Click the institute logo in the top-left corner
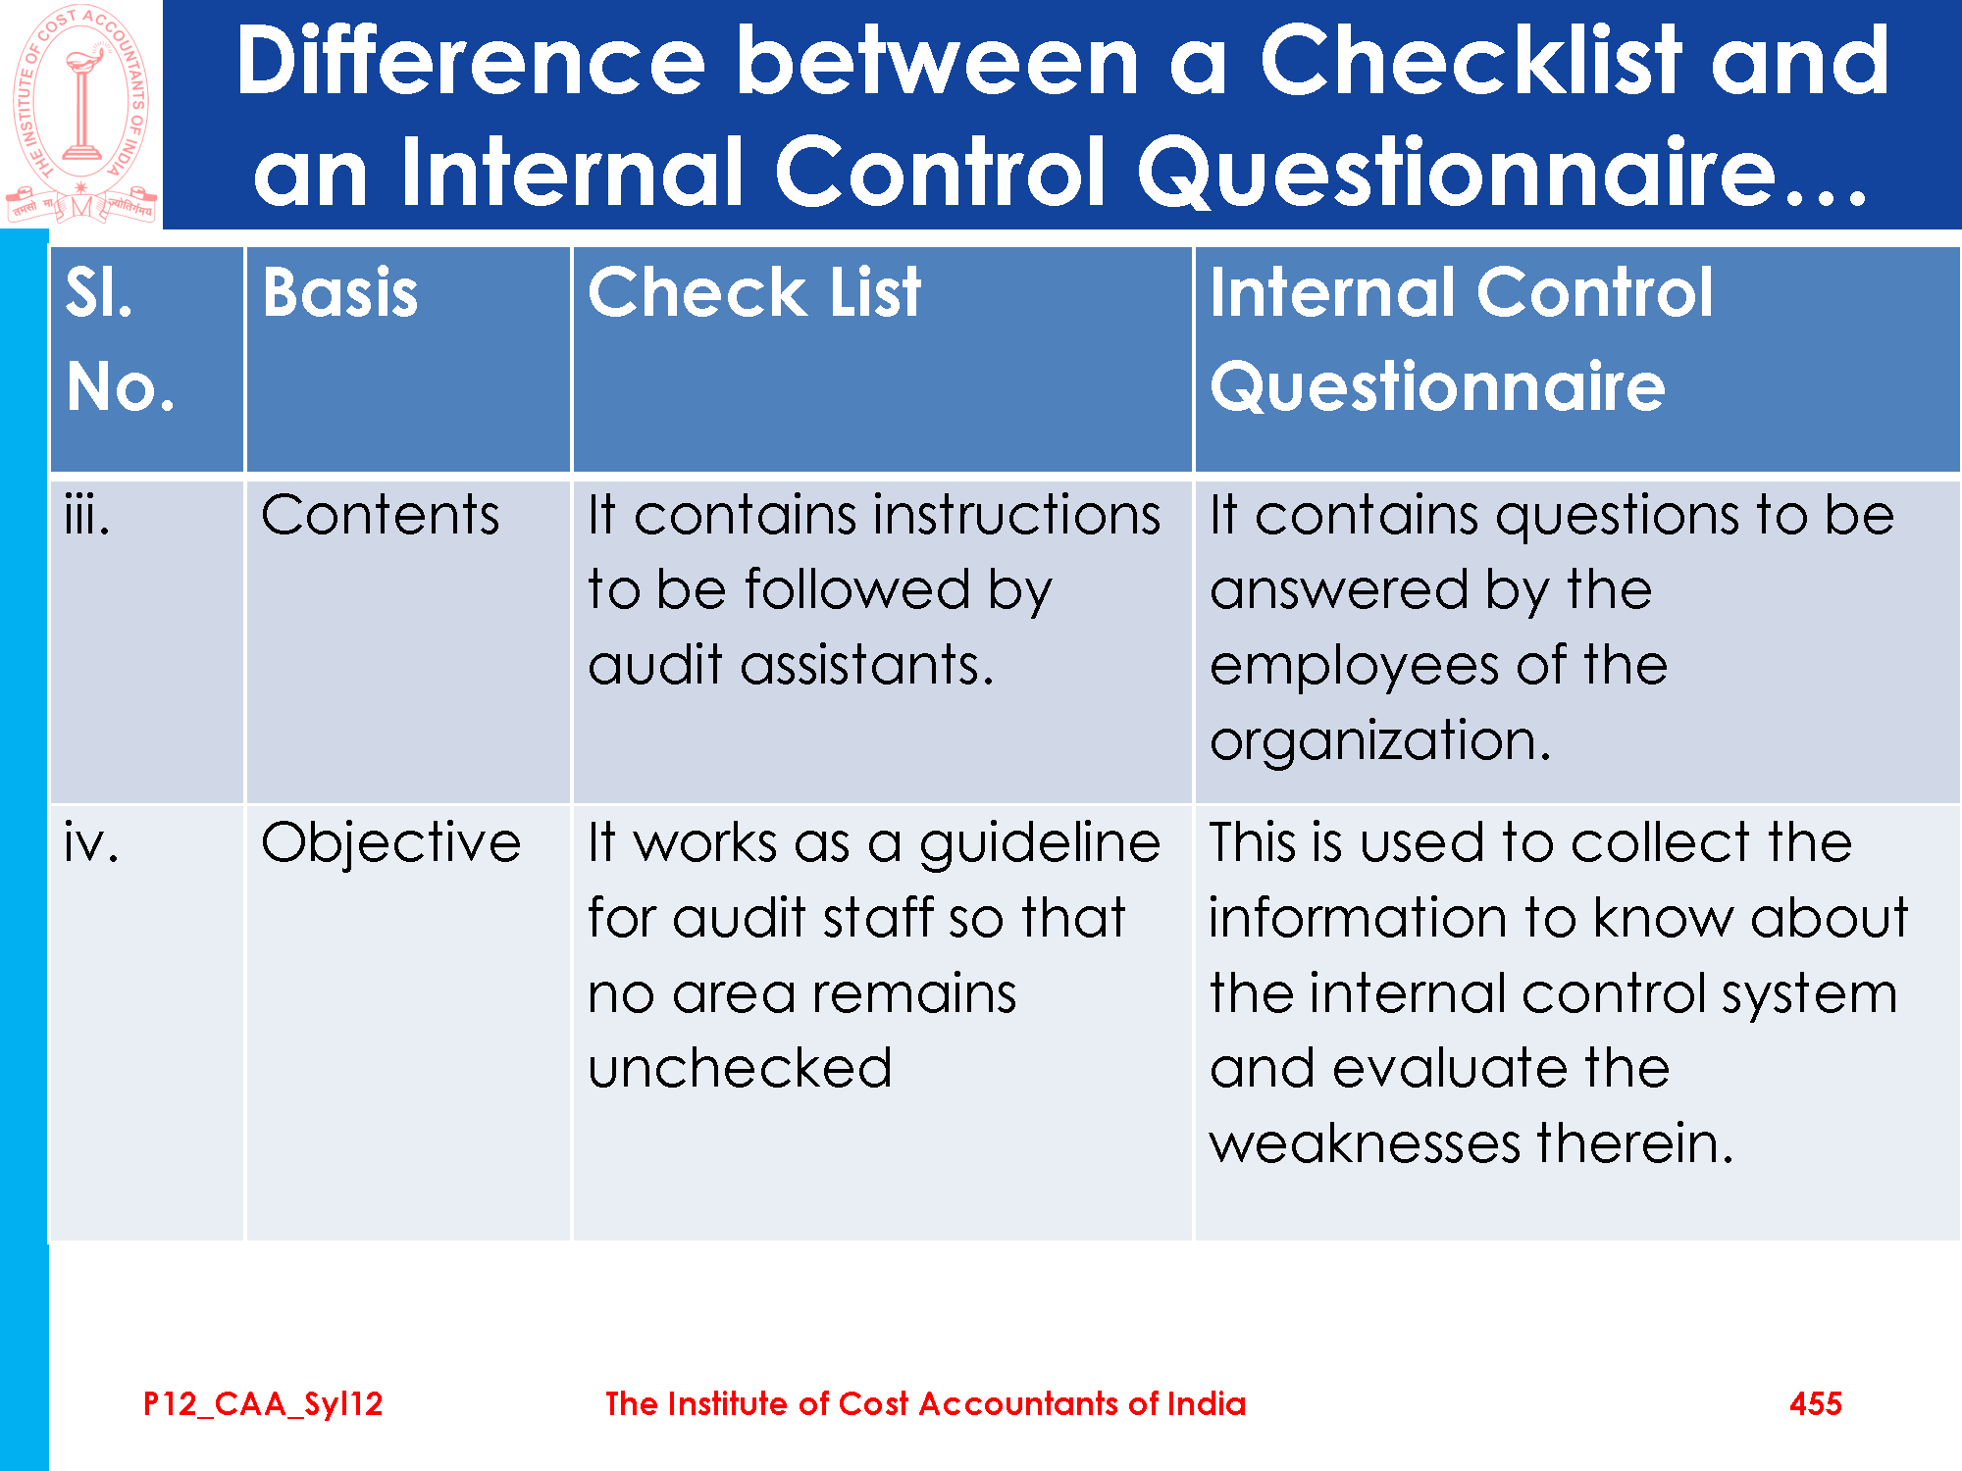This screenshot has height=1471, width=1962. pos(80,115)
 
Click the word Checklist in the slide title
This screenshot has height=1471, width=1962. pos(1471,61)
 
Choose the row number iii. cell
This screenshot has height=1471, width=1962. pos(86,515)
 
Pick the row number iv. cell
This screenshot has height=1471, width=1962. pos(91,842)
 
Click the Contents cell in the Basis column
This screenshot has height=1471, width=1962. pos(381,515)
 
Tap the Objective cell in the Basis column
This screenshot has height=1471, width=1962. pos(391,843)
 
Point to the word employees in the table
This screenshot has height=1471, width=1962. pos(1355,668)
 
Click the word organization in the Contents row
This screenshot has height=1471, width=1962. pos(1380,741)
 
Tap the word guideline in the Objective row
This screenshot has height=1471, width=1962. pos(1040,844)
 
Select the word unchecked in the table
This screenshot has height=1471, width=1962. pos(741,1068)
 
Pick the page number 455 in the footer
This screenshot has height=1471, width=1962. pos(1816,1403)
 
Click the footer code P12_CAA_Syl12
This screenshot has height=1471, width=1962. pos(263,1404)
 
